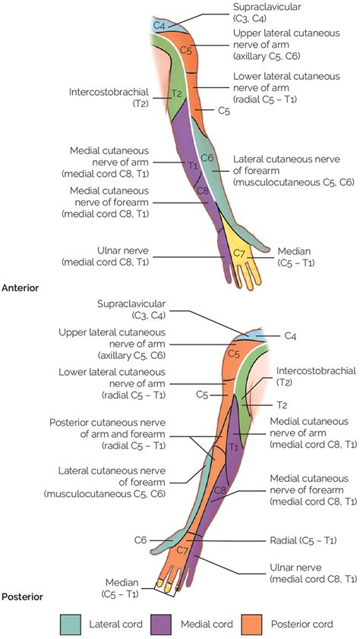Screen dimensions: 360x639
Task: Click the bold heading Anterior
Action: pyautogui.click(x=21, y=288)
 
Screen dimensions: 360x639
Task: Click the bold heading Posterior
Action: pyautogui.click(x=23, y=597)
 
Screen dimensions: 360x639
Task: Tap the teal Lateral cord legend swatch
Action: pyautogui.click(x=70, y=624)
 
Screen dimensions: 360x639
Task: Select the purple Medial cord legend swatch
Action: pyautogui.click(x=161, y=624)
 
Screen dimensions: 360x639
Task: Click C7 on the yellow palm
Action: pyautogui.click(x=239, y=253)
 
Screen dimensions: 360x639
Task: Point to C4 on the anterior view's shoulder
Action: pyautogui.click(x=159, y=26)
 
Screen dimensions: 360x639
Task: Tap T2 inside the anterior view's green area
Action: pyautogui.click(x=176, y=94)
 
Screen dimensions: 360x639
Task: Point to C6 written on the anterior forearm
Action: pyautogui.click(x=207, y=158)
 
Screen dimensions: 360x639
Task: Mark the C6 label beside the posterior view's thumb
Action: pyautogui.click(x=141, y=540)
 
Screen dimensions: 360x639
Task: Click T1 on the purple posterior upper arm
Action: pyautogui.click(x=233, y=448)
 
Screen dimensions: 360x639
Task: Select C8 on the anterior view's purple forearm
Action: pyautogui.click(x=203, y=190)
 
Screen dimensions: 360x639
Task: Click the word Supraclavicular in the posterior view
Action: pyautogui.click(x=131, y=304)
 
